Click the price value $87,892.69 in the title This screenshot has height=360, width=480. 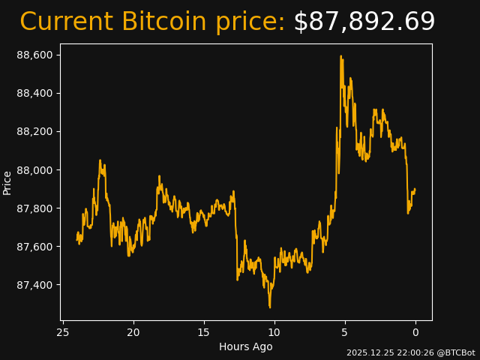364,22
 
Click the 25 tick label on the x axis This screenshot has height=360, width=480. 63,332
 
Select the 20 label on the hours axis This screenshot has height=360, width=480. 133,332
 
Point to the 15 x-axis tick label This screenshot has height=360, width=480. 204,332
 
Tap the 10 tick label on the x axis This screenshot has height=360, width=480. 274,332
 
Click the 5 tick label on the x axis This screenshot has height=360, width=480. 345,332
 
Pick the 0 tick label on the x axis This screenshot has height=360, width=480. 415,332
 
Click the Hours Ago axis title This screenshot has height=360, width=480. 245,346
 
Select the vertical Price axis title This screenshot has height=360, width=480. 7,182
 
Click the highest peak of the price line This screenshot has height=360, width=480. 340,56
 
